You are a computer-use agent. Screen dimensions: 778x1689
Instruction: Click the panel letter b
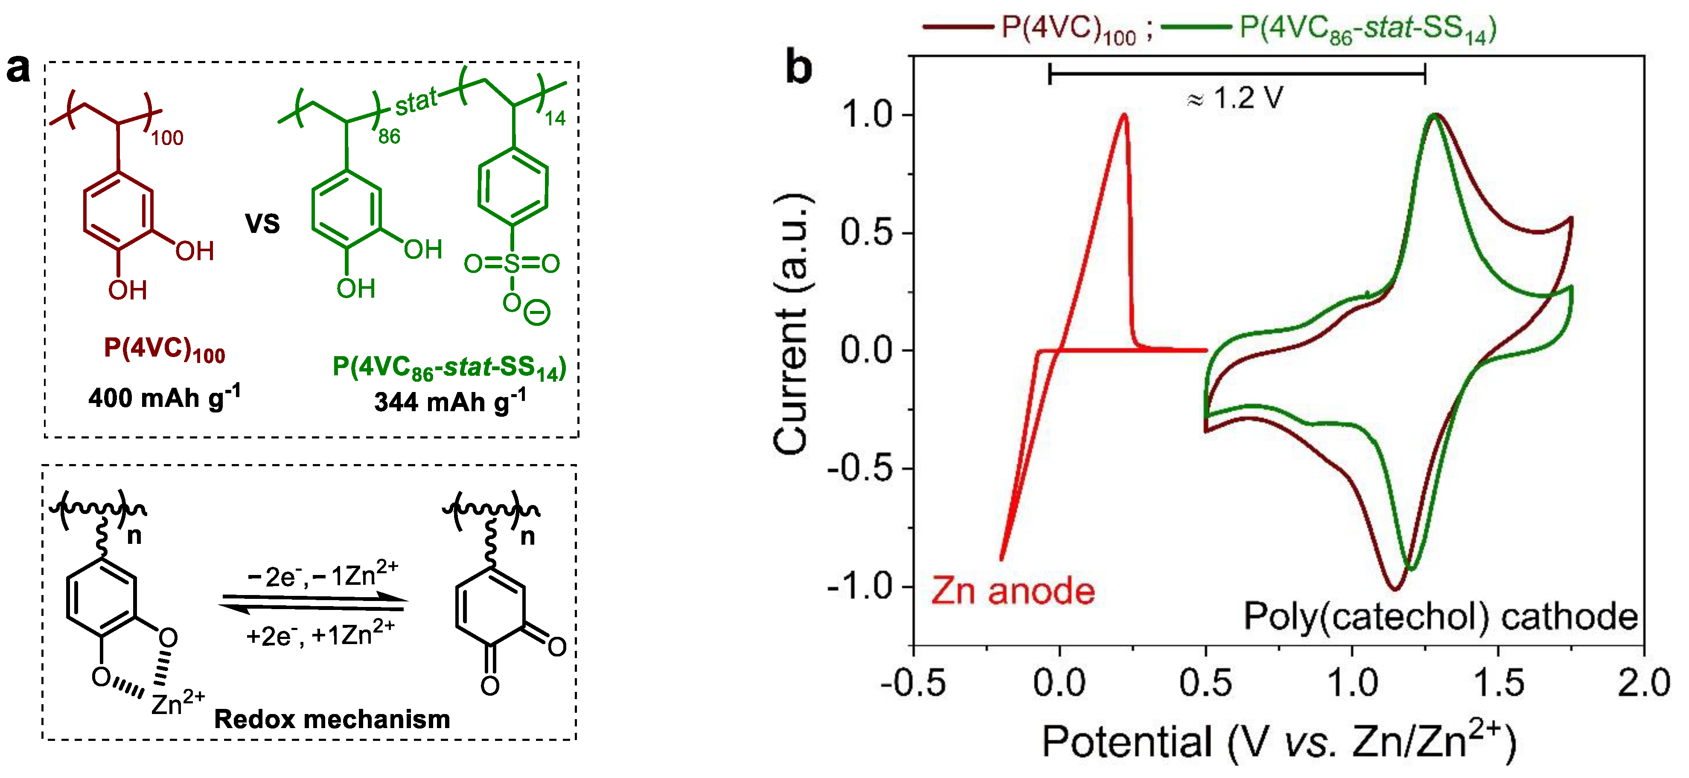[798, 68]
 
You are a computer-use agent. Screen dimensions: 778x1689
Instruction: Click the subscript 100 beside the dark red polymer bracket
[167, 138]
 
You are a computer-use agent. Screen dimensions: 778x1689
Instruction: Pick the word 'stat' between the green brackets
[416, 103]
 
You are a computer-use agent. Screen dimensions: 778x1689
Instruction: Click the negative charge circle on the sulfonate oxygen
[537, 313]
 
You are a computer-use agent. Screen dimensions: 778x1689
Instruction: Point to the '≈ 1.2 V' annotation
[1235, 98]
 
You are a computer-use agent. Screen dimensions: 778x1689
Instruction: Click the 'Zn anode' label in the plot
[1013, 591]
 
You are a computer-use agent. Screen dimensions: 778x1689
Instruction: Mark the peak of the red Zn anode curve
[1124, 115]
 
